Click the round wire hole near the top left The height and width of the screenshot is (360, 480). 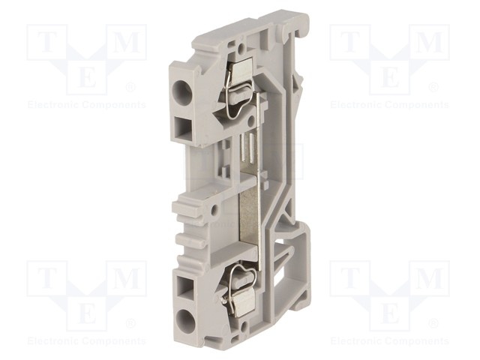(181, 90)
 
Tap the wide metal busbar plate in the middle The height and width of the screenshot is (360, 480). (248, 220)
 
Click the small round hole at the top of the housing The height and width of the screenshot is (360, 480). (241, 48)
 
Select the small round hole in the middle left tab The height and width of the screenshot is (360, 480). (215, 210)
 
